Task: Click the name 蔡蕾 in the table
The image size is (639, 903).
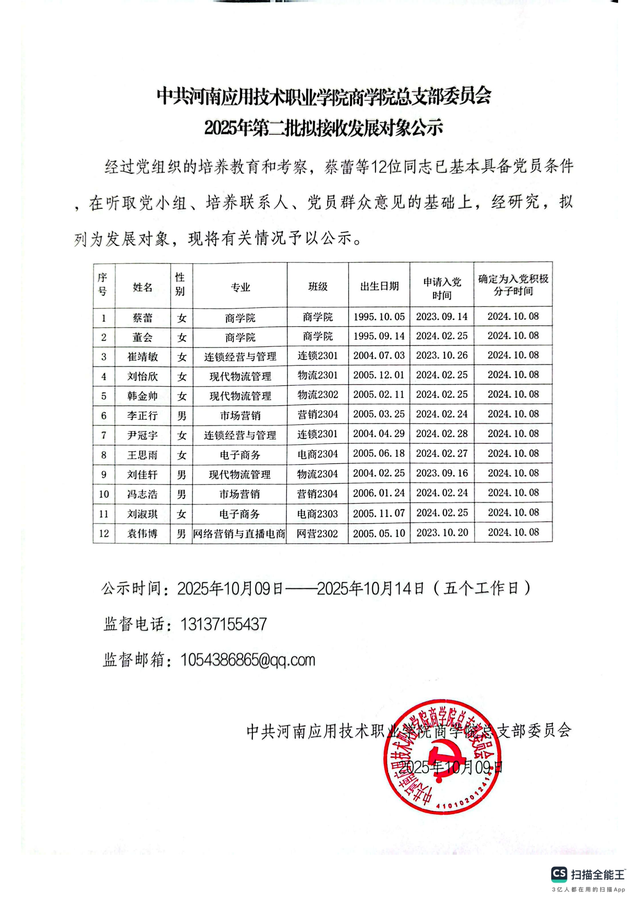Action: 142,318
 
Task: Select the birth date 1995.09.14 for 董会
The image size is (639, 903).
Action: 379,337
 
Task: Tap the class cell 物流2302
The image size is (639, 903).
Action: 317,395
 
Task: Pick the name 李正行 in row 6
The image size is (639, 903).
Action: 142,416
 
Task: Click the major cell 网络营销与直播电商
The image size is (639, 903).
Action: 239,534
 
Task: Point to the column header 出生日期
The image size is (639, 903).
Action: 379,286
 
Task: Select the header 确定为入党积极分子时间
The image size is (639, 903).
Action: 513,285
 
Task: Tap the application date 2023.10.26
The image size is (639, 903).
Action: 442,356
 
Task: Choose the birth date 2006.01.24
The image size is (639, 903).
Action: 379,493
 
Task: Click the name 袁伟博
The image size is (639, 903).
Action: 142,534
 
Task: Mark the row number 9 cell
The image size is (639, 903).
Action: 104,475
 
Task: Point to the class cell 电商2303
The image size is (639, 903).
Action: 317,513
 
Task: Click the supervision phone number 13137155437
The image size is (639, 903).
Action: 223,625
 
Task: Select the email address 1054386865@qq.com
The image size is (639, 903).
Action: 248,660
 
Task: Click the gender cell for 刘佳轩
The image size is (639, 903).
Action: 181,475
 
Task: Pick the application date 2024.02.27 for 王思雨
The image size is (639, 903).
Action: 442,454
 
